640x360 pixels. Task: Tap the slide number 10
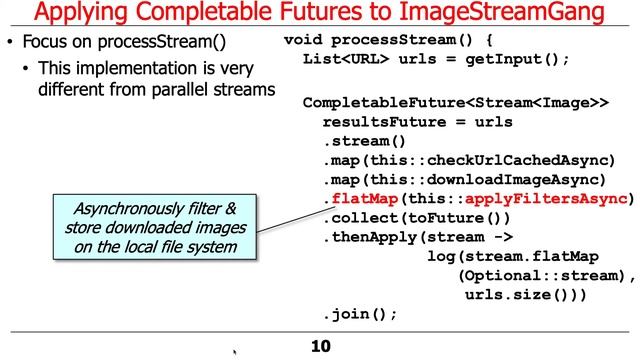point(319,346)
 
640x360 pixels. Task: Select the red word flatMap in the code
point(362,198)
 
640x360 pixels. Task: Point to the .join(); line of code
point(360,313)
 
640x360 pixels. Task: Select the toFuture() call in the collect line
point(458,217)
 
